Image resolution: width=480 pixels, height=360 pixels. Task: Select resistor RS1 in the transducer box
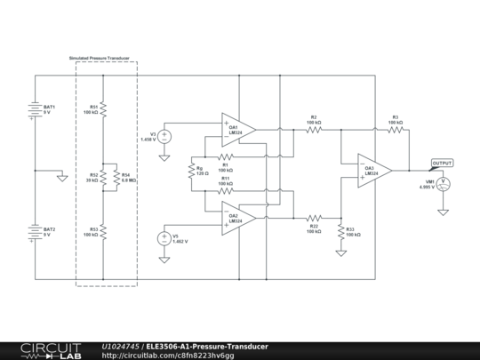[x=103, y=108]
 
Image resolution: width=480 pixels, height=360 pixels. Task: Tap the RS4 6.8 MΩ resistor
[x=116, y=177]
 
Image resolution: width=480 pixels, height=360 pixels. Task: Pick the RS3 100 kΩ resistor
[x=103, y=231]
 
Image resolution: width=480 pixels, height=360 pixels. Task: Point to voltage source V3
[x=164, y=136]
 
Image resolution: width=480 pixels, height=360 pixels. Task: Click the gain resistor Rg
[x=191, y=170]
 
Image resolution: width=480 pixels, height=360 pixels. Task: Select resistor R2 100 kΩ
[x=314, y=129]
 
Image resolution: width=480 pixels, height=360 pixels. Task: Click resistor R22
[x=314, y=217]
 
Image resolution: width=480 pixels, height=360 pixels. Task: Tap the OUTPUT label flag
[x=442, y=164]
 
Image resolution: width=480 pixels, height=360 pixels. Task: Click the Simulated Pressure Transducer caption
[x=100, y=58]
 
